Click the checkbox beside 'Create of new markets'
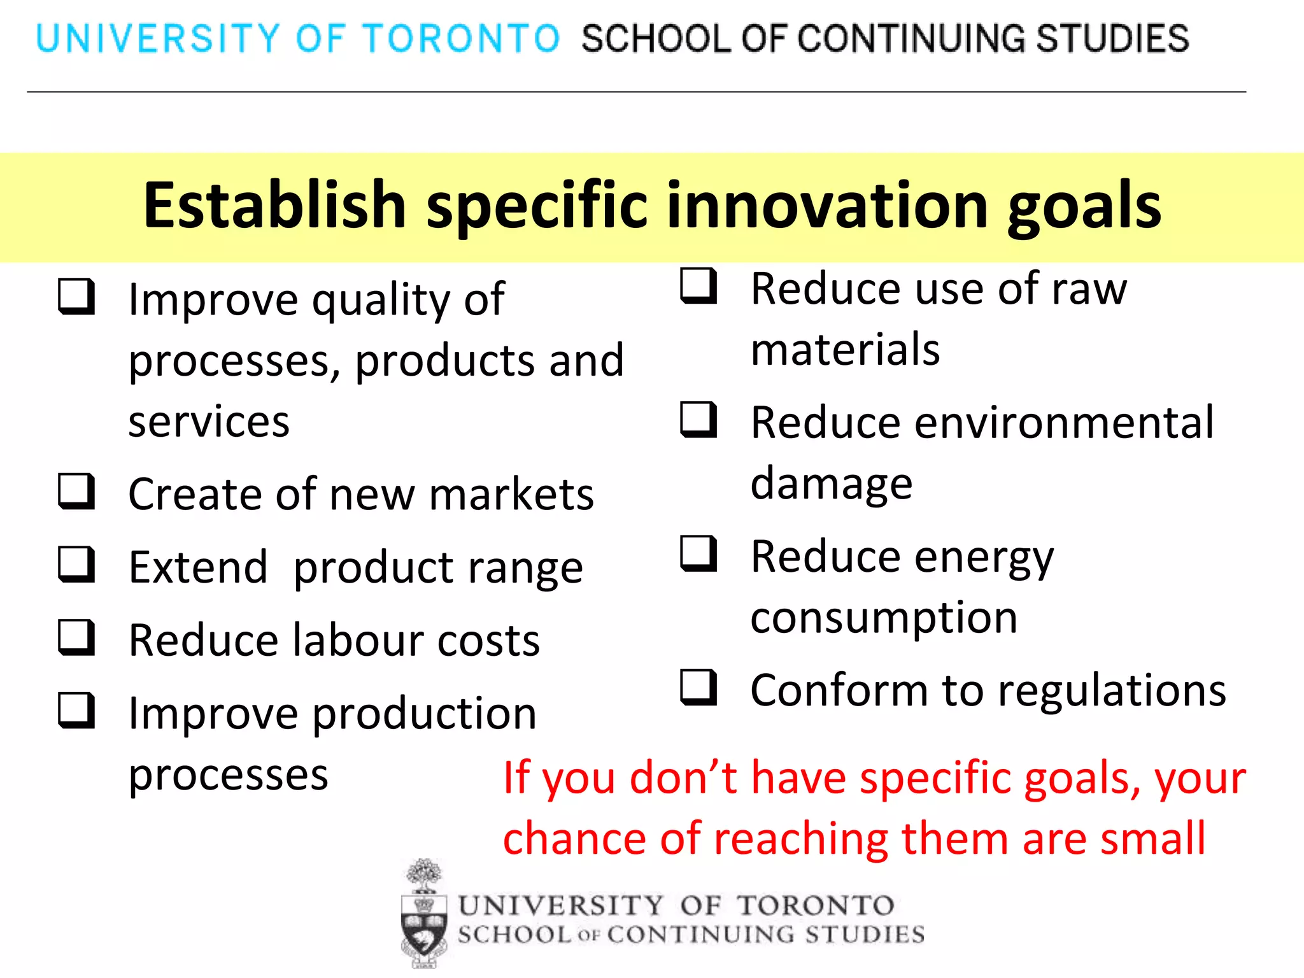pyautogui.click(x=76, y=492)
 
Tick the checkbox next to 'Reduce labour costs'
pyautogui.click(x=76, y=638)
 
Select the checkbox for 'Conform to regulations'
pyautogui.click(x=698, y=688)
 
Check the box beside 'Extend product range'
pyautogui.click(x=76, y=565)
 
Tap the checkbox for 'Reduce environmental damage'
pyautogui.click(x=698, y=420)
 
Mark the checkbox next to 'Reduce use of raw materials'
pyautogui.click(x=698, y=286)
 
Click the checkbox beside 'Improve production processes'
pyautogui.click(x=76, y=711)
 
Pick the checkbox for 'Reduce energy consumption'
pyautogui.click(x=698, y=553)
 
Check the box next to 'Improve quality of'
pyautogui.click(x=76, y=297)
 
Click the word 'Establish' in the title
pyautogui.click(x=274, y=205)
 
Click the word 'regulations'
pyautogui.click(x=1112, y=691)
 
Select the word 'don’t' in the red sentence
pyautogui.click(x=684, y=778)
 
